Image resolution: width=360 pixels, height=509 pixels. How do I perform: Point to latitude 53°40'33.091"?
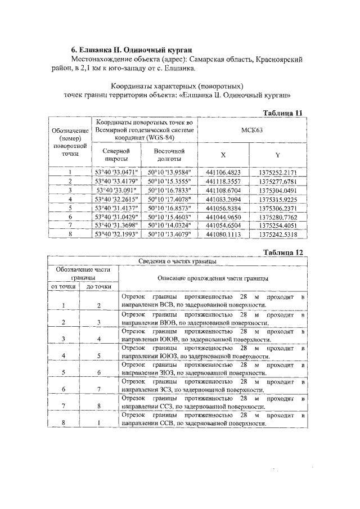pyautogui.click(x=116, y=190)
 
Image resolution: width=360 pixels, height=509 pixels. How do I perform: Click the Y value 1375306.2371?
pyautogui.click(x=278, y=208)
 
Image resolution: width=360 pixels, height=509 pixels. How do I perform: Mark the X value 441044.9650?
pyautogui.click(x=223, y=217)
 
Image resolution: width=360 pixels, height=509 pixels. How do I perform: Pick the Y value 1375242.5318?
pyautogui.click(x=278, y=234)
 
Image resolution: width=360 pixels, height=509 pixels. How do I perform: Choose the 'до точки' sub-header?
pyautogui.click(x=99, y=286)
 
